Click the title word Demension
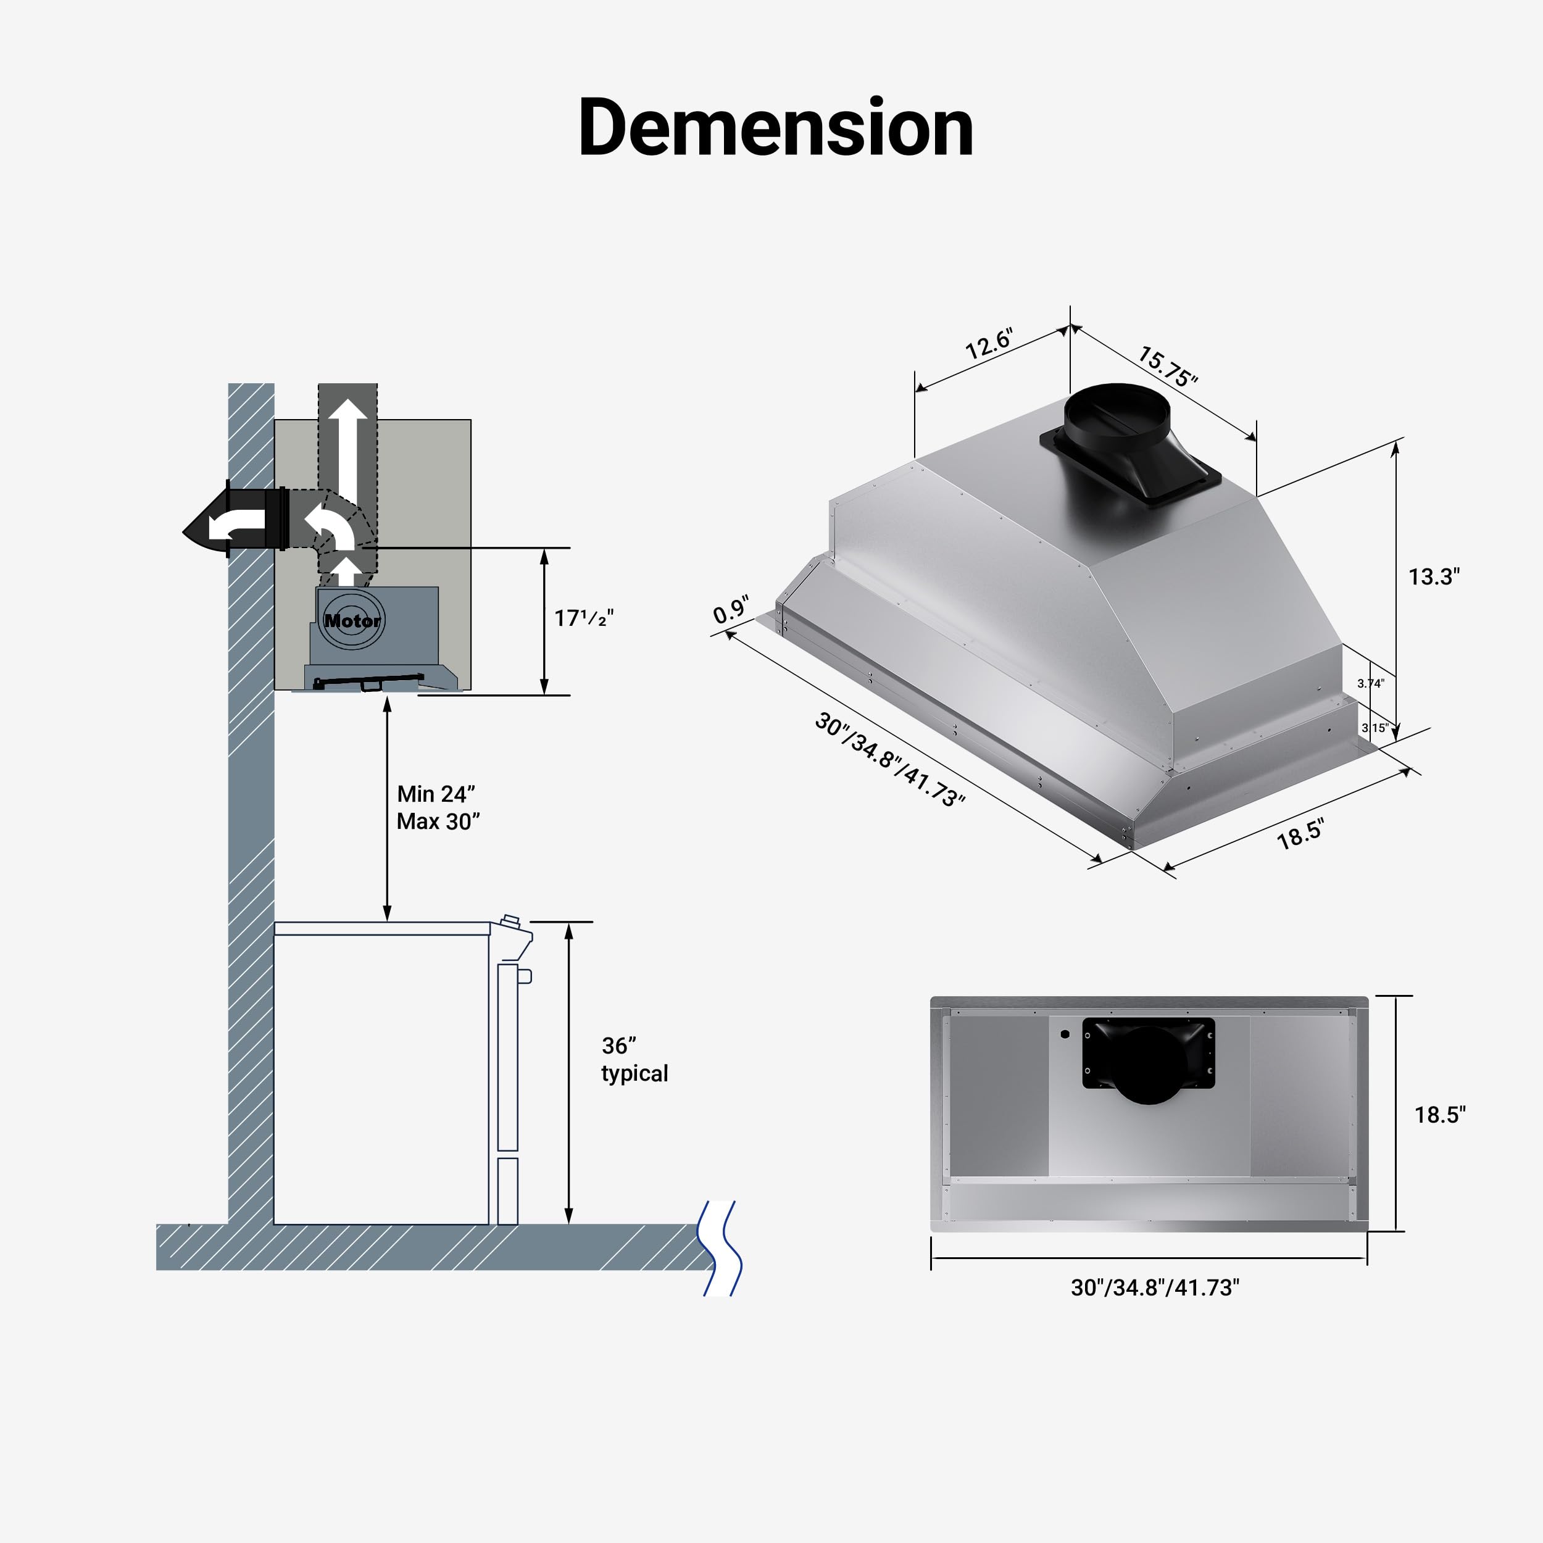775,128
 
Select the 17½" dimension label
584,618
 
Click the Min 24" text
436,794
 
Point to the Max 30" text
438,821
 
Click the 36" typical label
634,1059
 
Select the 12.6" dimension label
989,343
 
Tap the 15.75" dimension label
1168,366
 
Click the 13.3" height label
1434,576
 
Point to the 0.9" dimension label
731,609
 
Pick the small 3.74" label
1370,684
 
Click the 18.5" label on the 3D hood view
1300,834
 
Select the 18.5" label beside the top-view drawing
1440,1114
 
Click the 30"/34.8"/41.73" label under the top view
1155,1287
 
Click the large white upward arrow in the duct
349,447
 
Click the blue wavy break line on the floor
720,1247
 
